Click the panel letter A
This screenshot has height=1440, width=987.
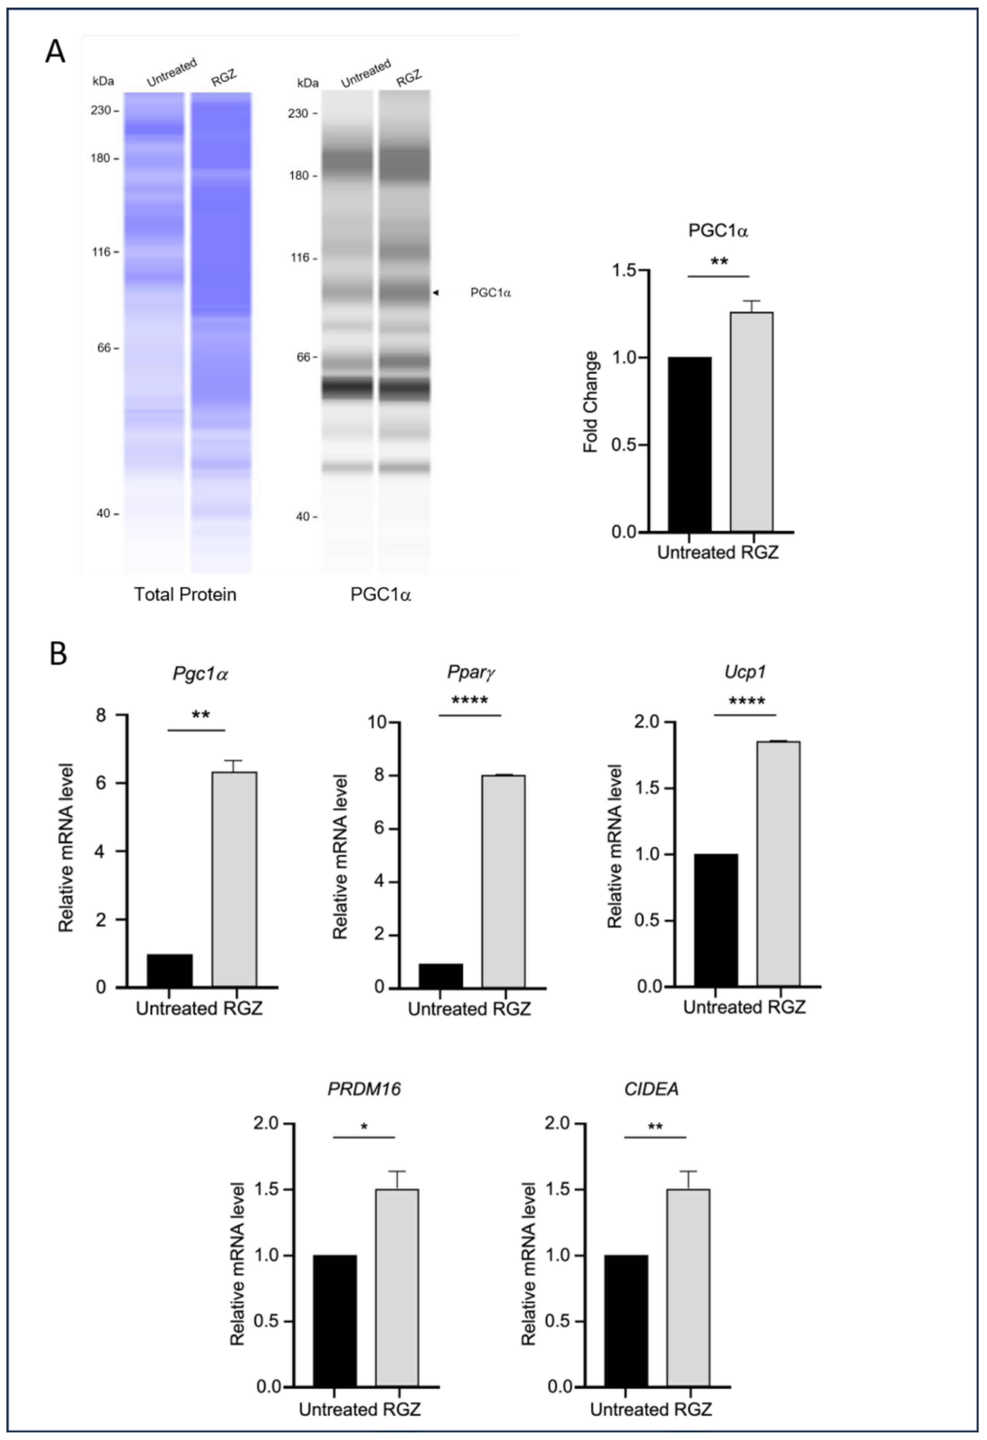coord(55,51)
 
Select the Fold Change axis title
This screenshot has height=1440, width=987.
coord(591,401)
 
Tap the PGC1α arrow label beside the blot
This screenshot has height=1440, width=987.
coord(490,292)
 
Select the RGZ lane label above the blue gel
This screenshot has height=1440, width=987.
coord(224,79)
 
